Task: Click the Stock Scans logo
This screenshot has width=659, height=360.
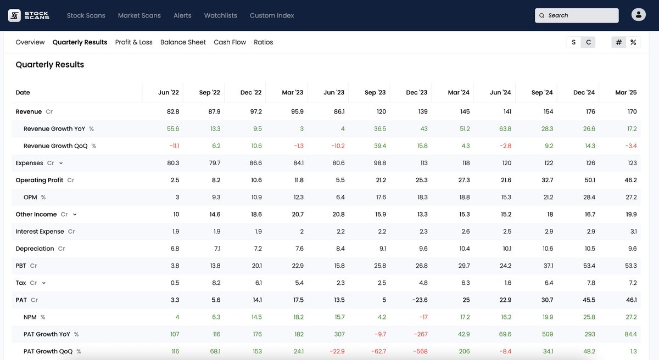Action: pos(29,15)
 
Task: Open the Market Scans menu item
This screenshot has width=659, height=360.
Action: pos(139,15)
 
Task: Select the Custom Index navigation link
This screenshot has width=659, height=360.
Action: pos(271,15)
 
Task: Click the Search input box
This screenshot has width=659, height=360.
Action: pos(577,15)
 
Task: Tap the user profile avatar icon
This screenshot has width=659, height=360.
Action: pos(639,15)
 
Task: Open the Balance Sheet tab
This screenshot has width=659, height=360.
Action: pos(183,42)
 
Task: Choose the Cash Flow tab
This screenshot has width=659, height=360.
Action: pos(230,42)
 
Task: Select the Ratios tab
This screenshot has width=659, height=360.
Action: pos(263,42)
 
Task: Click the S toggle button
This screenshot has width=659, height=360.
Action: pos(573,42)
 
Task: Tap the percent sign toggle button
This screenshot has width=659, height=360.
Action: pos(633,42)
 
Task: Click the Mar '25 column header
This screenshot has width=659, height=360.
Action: pos(626,93)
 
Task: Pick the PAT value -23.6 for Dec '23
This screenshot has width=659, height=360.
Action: pos(420,300)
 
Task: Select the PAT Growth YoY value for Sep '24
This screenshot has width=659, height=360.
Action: pos(546,334)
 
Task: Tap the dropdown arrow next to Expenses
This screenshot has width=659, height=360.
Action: pos(61,164)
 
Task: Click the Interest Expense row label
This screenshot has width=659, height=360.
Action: pos(40,232)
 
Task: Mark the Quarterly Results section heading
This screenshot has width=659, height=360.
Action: pos(50,65)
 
